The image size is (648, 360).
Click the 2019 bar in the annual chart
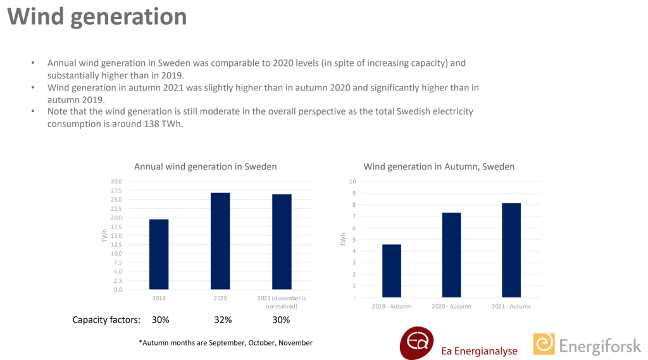pyautogui.click(x=159, y=254)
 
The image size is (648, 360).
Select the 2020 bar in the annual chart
pyautogui.click(x=220, y=241)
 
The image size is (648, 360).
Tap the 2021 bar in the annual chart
pyautogui.click(x=282, y=242)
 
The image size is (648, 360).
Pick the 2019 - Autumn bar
pyautogui.click(x=391, y=271)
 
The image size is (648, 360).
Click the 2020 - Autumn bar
pyautogui.click(x=451, y=255)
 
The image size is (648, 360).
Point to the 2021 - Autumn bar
pyautogui.click(x=511, y=250)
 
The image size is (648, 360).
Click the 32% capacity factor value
pyautogui.click(x=223, y=320)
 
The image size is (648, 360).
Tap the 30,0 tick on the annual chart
pyautogui.click(x=116, y=182)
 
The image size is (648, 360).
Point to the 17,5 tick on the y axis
pyautogui.click(x=116, y=227)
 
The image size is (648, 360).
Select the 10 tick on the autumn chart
pyautogui.click(x=352, y=182)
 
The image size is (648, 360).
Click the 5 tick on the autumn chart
pyautogui.click(x=354, y=240)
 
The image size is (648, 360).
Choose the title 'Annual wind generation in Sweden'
pyautogui.click(x=206, y=166)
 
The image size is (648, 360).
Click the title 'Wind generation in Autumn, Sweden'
pyautogui.click(x=439, y=166)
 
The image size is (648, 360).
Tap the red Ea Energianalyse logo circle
pyautogui.click(x=416, y=343)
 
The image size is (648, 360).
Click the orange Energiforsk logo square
pyautogui.click(x=544, y=344)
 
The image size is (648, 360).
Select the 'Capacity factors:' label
pyautogui.click(x=106, y=320)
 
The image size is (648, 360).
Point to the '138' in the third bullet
pyautogui.click(x=151, y=124)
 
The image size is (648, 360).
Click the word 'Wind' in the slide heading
pyautogui.click(x=36, y=16)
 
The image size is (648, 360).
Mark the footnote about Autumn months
pyautogui.click(x=226, y=343)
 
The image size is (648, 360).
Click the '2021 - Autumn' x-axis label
pyautogui.click(x=511, y=306)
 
